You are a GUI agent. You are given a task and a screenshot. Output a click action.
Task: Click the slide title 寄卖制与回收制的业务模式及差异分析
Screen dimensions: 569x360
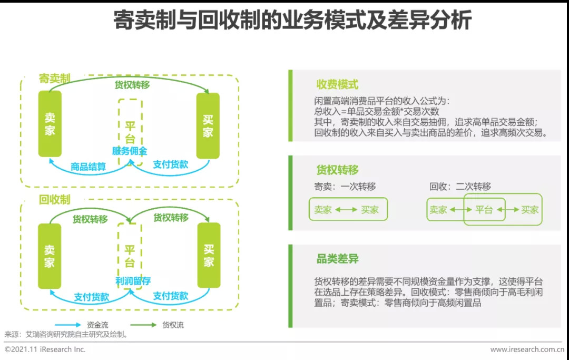point(292,20)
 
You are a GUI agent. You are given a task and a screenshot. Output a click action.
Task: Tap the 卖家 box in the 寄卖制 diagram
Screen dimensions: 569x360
point(50,124)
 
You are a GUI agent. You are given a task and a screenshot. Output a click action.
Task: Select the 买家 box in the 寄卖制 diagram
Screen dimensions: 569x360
point(208,125)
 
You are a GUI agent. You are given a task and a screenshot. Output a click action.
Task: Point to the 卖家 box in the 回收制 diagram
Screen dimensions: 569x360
point(50,256)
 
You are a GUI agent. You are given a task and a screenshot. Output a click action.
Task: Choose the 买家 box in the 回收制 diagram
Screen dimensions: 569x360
point(209,255)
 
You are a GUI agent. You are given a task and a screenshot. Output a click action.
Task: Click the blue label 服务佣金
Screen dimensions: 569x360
point(130,151)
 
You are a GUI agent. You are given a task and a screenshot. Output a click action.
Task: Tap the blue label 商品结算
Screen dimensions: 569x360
point(88,167)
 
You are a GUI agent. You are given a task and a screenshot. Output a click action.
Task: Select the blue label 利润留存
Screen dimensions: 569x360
point(133,281)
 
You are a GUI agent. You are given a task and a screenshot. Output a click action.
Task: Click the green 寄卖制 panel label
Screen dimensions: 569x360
point(54,79)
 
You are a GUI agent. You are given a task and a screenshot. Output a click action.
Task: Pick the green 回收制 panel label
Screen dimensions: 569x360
point(54,200)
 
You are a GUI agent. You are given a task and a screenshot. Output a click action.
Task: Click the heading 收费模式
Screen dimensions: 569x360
point(338,84)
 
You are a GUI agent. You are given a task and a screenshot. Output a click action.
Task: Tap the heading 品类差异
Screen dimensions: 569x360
point(338,259)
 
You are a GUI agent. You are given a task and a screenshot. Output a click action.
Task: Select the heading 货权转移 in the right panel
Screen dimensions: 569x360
point(338,170)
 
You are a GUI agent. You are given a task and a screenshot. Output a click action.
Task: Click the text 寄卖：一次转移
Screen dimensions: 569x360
point(345,187)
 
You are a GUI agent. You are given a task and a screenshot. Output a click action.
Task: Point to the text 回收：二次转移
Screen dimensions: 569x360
point(460,187)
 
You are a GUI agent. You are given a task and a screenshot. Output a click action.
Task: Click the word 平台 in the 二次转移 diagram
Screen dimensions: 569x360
point(484,210)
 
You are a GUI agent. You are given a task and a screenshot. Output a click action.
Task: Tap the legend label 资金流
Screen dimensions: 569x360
point(97,325)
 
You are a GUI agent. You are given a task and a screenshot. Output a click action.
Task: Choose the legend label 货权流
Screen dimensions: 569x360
point(173,325)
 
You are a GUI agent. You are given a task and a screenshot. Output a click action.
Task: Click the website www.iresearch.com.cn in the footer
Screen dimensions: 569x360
point(527,349)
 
